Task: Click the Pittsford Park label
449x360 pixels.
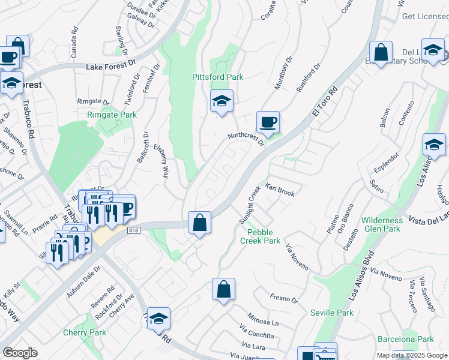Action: [x=217, y=77]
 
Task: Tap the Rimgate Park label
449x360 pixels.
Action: [x=112, y=115]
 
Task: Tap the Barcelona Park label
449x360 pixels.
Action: [x=406, y=339]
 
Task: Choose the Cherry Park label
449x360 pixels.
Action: [x=85, y=332]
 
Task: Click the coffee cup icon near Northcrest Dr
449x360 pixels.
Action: [x=268, y=122]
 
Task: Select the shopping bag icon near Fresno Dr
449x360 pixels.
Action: [x=223, y=290]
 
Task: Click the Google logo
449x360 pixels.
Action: [x=20, y=353]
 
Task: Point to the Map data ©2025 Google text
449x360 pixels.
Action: [x=412, y=355]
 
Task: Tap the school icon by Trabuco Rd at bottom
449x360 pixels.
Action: [x=158, y=319]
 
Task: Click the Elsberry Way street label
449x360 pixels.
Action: [x=161, y=160]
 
